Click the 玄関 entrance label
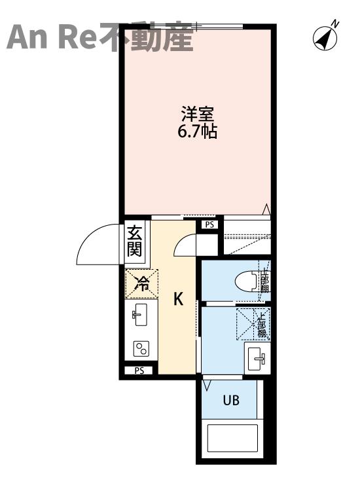pos(134,241)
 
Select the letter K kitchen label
pos(177,299)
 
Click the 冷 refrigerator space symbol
pos(141,283)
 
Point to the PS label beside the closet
pos(209,225)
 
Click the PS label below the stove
pos(139,371)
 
